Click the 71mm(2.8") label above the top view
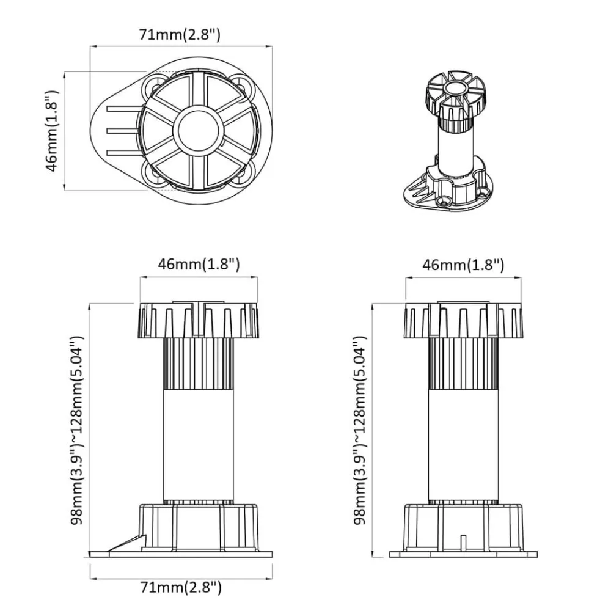[180, 35]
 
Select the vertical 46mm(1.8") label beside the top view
[52, 131]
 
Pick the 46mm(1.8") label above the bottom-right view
[463, 265]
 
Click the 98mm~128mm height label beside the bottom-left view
[77, 430]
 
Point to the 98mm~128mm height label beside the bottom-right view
[360, 430]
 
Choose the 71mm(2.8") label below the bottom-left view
[181, 587]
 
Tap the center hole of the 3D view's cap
[455, 87]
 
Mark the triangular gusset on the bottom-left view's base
[128, 543]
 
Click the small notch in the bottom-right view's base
[463, 543]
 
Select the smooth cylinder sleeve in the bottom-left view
[199, 445]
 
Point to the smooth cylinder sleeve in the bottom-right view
[463, 445]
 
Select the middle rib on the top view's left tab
[123, 131]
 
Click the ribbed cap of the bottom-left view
[199, 320]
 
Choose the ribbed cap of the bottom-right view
[463, 320]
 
